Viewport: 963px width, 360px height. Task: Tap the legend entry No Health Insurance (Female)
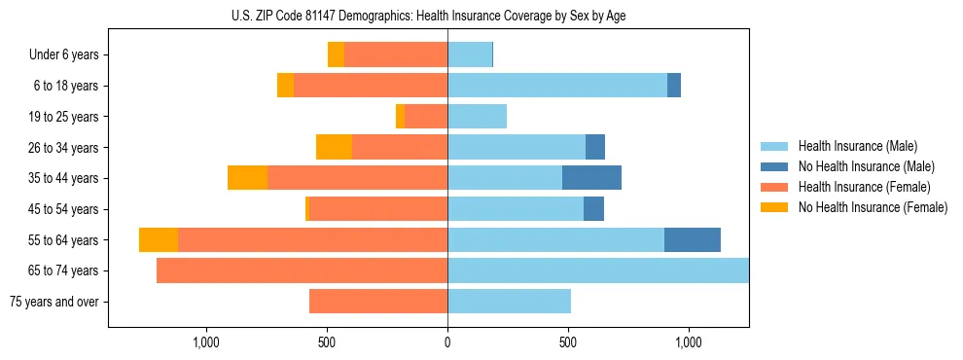(872, 207)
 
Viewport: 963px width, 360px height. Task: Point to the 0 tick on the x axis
(447, 342)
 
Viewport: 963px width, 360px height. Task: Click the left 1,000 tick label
(206, 342)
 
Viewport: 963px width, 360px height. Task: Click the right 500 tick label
(568, 342)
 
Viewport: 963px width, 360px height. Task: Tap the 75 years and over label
(54, 302)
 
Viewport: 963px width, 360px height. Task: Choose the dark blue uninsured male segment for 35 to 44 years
(591, 178)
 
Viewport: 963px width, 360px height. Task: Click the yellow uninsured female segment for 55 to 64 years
(159, 240)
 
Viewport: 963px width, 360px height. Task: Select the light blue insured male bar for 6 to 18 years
(557, 86)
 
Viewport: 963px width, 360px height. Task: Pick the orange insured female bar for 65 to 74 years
(302, 270)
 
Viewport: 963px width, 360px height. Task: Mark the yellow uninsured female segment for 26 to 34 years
(334, 147)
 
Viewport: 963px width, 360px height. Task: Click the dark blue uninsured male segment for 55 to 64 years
(693, 240)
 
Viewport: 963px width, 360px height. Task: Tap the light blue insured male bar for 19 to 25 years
(477, 117)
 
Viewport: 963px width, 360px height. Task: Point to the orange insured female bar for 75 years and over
(378, 302)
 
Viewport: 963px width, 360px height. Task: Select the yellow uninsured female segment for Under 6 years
(336, 54)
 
